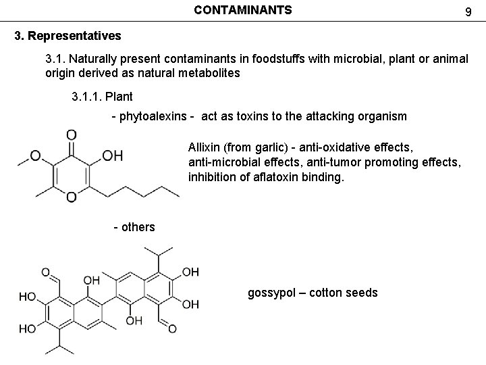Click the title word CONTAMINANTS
coord(243,10)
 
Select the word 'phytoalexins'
coord(156,116)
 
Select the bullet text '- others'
coord(134,227)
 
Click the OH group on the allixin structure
coord(112,156)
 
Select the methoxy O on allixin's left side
coord(34,156)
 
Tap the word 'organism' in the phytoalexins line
coord(381,116)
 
